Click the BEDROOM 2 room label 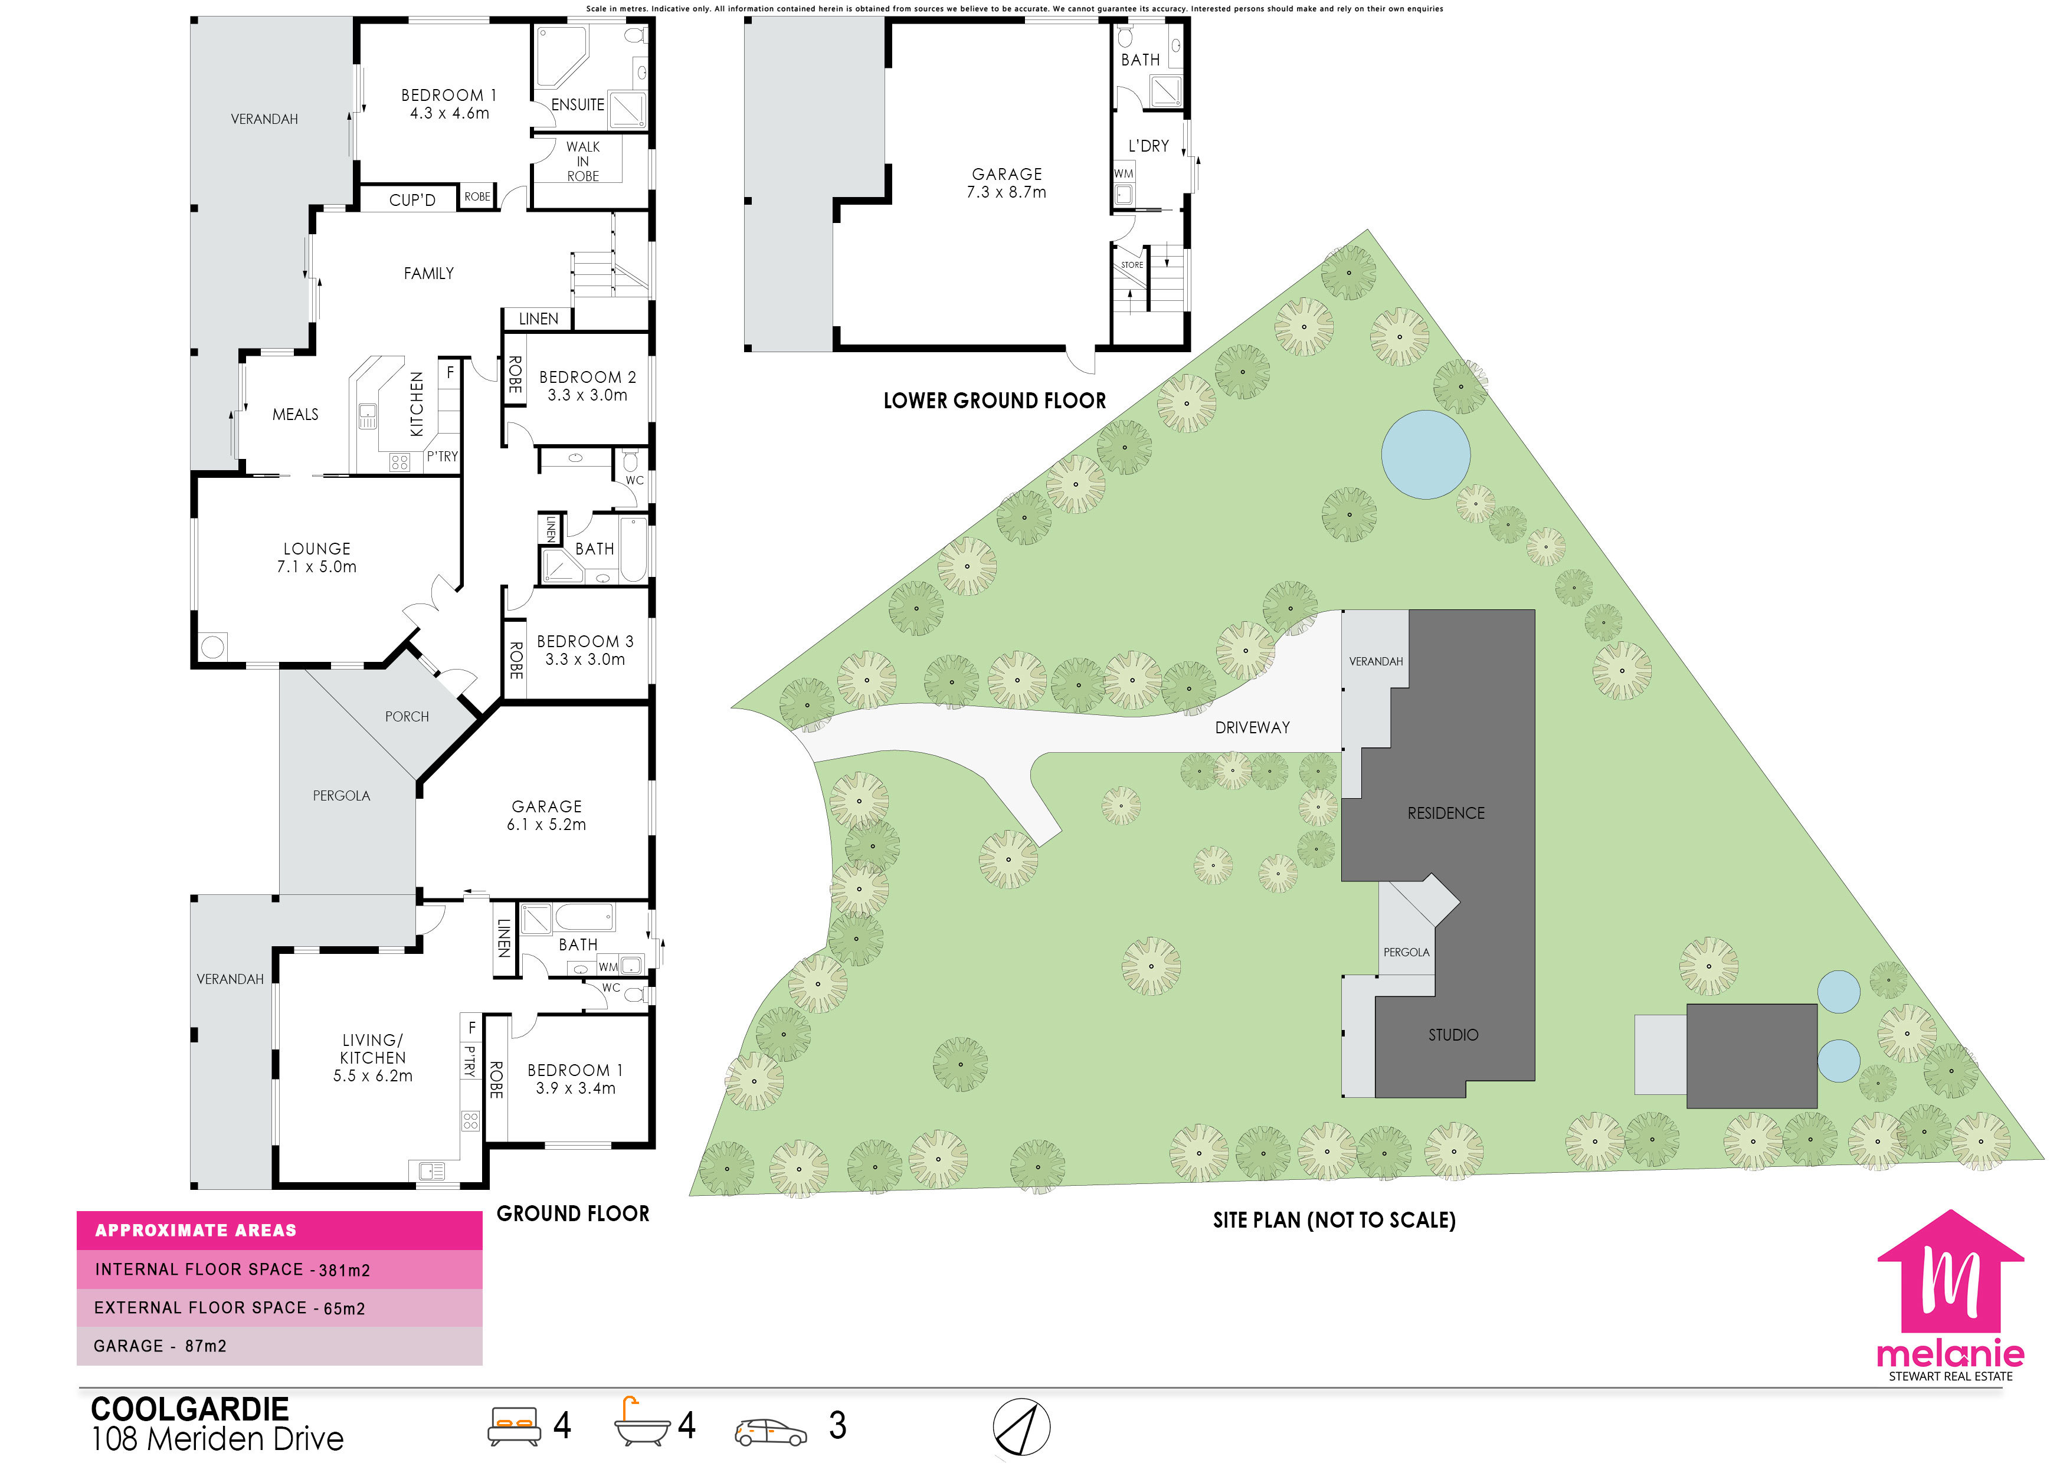tap(587, 378)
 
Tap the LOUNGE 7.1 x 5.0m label tap(316, 557)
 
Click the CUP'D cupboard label tap(412, 200)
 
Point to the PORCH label tap(407, 717)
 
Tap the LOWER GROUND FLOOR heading tap(994, 400)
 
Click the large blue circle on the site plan tap(1426, 454)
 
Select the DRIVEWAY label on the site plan tap(1252, 727)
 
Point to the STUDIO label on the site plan tap(1453, 1035)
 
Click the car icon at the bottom tap(771, 1432)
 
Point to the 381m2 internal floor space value tap(345, 1270)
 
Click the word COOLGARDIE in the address tap(190, 1409)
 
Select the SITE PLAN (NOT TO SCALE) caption tap(1334, 1221)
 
